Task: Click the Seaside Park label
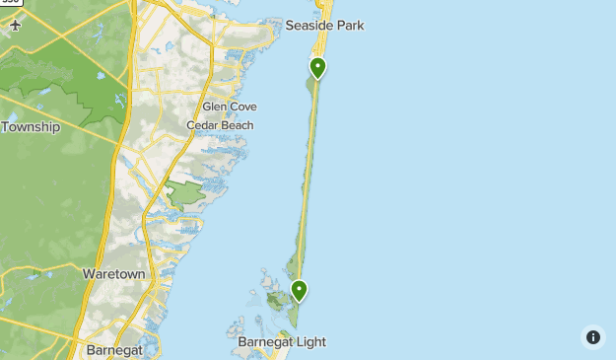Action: [325, 26]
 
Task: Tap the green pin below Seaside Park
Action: [317, 68]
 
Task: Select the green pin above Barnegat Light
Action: [299, 290]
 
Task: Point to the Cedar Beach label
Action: [220, 125]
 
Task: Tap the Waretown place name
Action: [114, 273]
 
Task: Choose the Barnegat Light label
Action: [281, 342]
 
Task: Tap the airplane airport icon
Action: [16, 26]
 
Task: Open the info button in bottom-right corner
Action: [592, 336]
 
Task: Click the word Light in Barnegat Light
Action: [309, 342]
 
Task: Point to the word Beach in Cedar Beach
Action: [236, 125]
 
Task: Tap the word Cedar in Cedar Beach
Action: [201, 125]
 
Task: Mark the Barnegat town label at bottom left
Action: [115, 350]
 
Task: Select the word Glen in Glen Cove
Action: [212, 107]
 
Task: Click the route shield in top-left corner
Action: [10, 4]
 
